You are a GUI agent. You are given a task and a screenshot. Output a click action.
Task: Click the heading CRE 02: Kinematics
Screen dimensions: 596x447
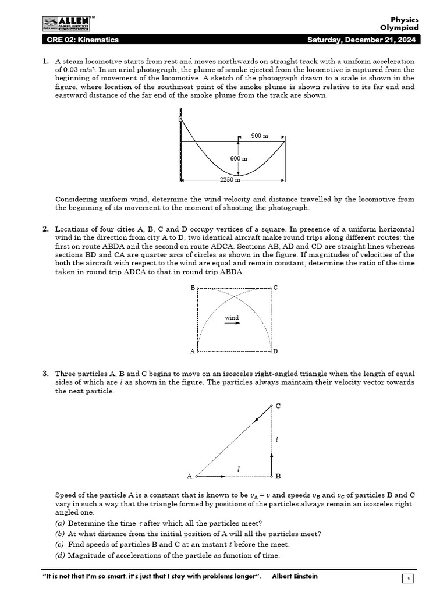[83, 40]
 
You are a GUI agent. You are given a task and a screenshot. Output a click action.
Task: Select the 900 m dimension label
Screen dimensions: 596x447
[260, 136]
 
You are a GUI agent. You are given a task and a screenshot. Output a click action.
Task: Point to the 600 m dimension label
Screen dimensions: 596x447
[239, 158]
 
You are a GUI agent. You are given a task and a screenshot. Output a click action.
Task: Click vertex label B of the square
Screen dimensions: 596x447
[193, 288]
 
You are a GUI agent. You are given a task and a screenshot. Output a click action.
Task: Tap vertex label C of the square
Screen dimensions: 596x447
[275, 288]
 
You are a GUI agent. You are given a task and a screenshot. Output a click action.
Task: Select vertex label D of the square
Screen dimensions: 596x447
[275, 352]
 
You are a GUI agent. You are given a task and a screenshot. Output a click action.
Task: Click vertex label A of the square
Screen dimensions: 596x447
[193, 352]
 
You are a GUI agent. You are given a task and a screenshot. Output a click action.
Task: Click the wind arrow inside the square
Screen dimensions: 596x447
[232, 324]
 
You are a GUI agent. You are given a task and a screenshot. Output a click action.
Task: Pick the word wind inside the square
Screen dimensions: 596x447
[232, 317]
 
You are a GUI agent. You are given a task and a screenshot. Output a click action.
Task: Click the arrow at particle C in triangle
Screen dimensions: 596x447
[262, 414]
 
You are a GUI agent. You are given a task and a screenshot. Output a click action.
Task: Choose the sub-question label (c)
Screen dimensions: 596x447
[59, 544]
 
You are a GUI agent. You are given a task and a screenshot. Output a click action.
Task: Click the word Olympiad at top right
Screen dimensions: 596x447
[399, 27]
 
